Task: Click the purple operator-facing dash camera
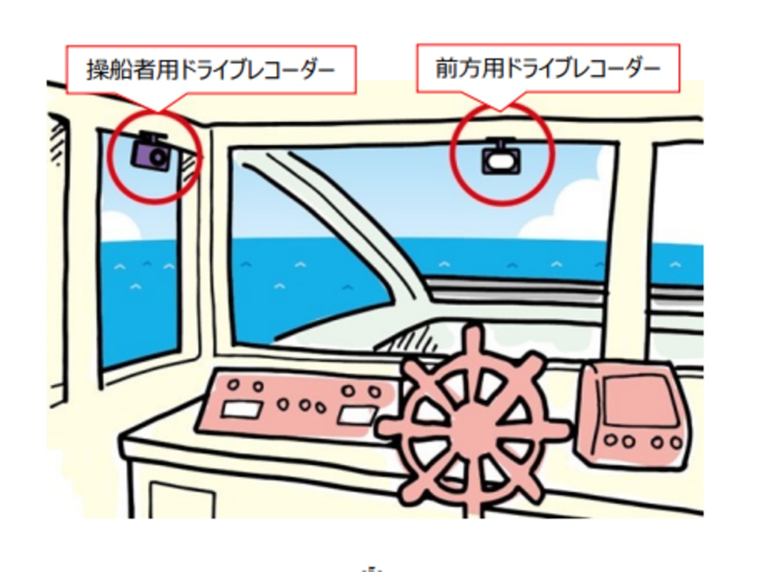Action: coord(152,154)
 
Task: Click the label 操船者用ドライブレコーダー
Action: coord(211,69)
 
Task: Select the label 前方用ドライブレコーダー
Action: coord(548,68)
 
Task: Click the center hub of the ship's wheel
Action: coord(471,423)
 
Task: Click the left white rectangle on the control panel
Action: coord(242,409)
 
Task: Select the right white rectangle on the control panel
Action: coord(356,415)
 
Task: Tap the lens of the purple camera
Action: coord(158,157)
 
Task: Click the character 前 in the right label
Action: coord(447,68)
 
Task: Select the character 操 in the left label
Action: coord(99,70)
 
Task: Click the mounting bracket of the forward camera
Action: coord(501,141)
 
